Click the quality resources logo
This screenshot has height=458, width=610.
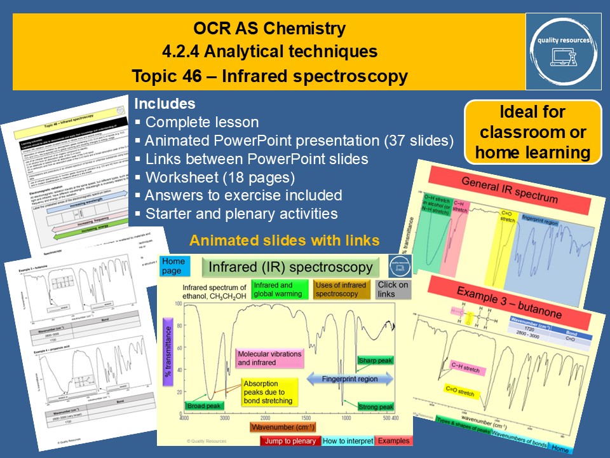[x=563, y=52]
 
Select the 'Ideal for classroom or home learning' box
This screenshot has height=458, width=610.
[x=532, y=133]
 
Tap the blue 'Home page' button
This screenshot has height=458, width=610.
[x=173, y=266]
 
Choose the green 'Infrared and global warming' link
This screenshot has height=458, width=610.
[x=277, y=289]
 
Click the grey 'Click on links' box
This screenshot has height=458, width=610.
[x=393, y=289]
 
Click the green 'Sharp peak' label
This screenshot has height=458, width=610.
[x=375, y=360]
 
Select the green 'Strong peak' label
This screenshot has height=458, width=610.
[x=375, y=406]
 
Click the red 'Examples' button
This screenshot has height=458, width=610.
[x=393, y=440]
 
